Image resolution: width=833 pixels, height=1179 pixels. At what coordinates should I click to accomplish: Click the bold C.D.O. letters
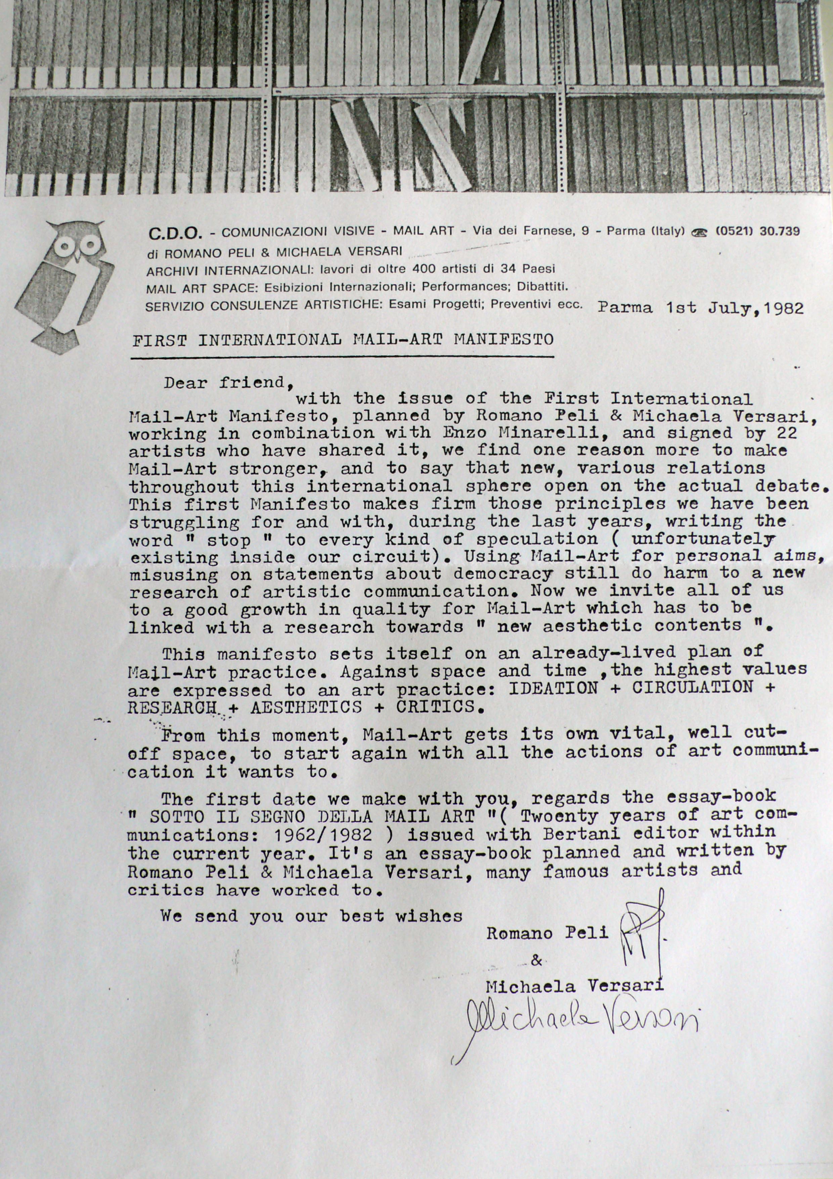click(x=175, y=234)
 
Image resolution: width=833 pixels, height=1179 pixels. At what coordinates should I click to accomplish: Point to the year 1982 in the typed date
click(x=783, y=308)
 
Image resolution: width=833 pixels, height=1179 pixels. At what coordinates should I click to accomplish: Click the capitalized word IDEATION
click(x=553, y=688)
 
